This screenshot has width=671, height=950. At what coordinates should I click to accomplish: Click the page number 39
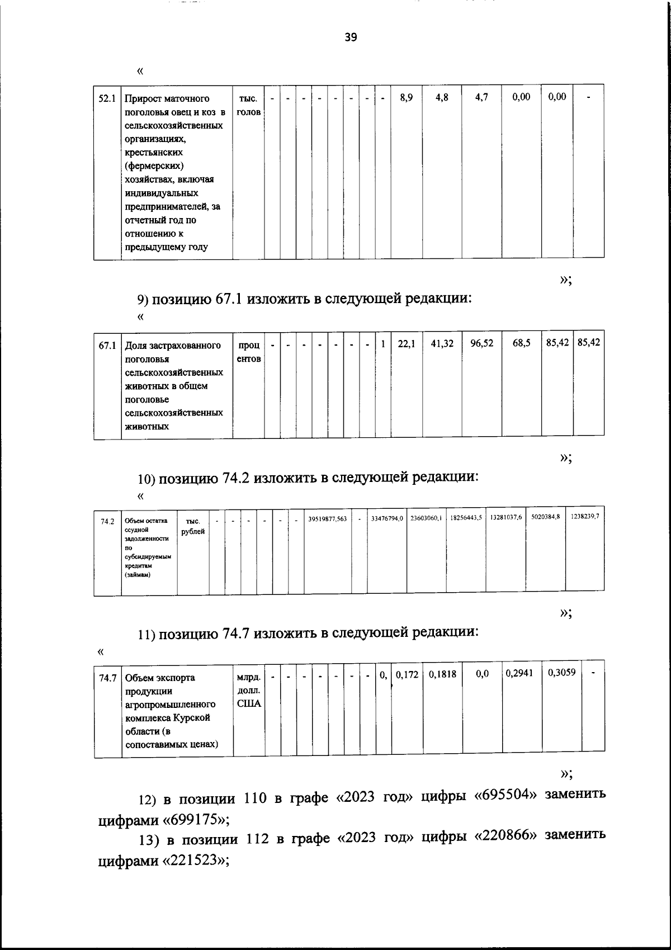351,37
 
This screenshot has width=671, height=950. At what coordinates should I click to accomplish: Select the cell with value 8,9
407,97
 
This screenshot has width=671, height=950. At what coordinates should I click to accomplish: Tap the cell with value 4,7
481,97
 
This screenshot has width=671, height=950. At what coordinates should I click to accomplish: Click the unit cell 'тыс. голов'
248,105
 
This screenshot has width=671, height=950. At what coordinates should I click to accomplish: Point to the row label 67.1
107,346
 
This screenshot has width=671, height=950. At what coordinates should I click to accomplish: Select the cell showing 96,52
481,343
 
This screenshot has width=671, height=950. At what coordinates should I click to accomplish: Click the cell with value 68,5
521,343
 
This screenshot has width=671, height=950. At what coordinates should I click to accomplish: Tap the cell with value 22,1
407,345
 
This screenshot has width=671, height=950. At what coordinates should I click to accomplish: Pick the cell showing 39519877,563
328,519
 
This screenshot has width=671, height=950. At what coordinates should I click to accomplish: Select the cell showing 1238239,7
585,517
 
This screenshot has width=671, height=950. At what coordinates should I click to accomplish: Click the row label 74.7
107,678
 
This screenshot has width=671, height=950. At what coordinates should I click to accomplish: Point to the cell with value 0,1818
442,674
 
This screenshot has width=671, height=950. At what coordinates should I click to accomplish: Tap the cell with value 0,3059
561,673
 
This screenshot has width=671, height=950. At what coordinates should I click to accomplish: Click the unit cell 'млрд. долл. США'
249,691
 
